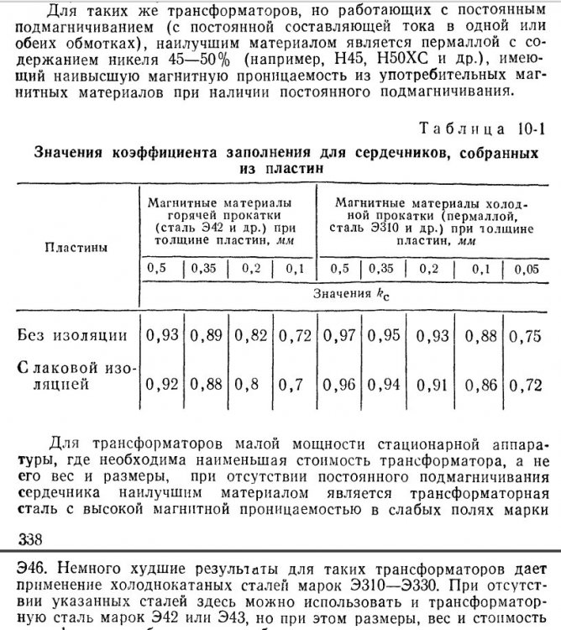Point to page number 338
click(x=18, y=537)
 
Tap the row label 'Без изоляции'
click(x=73, y=336)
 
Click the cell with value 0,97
click(x=338, y=335)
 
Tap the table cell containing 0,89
click(x=207, y=335)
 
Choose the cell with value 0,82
click(x=250, y=335)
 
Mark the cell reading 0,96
click(x=338, y=386)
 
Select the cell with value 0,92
click(x=162, y=386)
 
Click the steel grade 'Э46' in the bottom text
click(x=21, y=563)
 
